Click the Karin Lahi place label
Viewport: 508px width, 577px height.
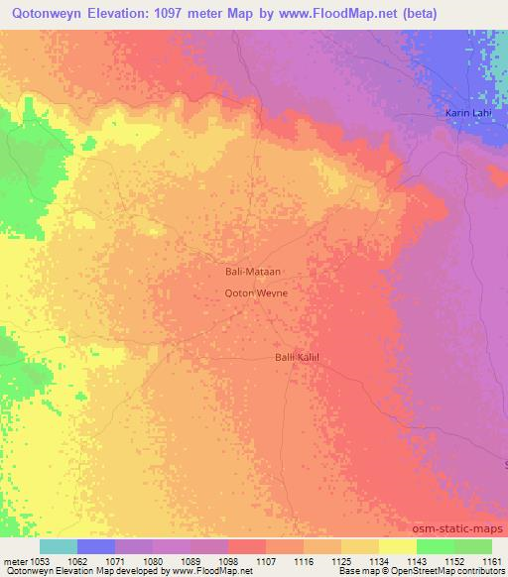(x=467, y=114)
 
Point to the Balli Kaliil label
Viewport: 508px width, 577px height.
(x=296, y=357)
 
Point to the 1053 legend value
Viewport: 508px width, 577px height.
(x=41, y=561)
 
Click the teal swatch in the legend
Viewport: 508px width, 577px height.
(x=59, y=546)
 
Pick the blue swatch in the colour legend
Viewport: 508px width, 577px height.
(x=96, y=546)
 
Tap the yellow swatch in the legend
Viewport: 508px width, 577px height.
(x=397, y=546)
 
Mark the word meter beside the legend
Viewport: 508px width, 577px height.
(x=15, y=561)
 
